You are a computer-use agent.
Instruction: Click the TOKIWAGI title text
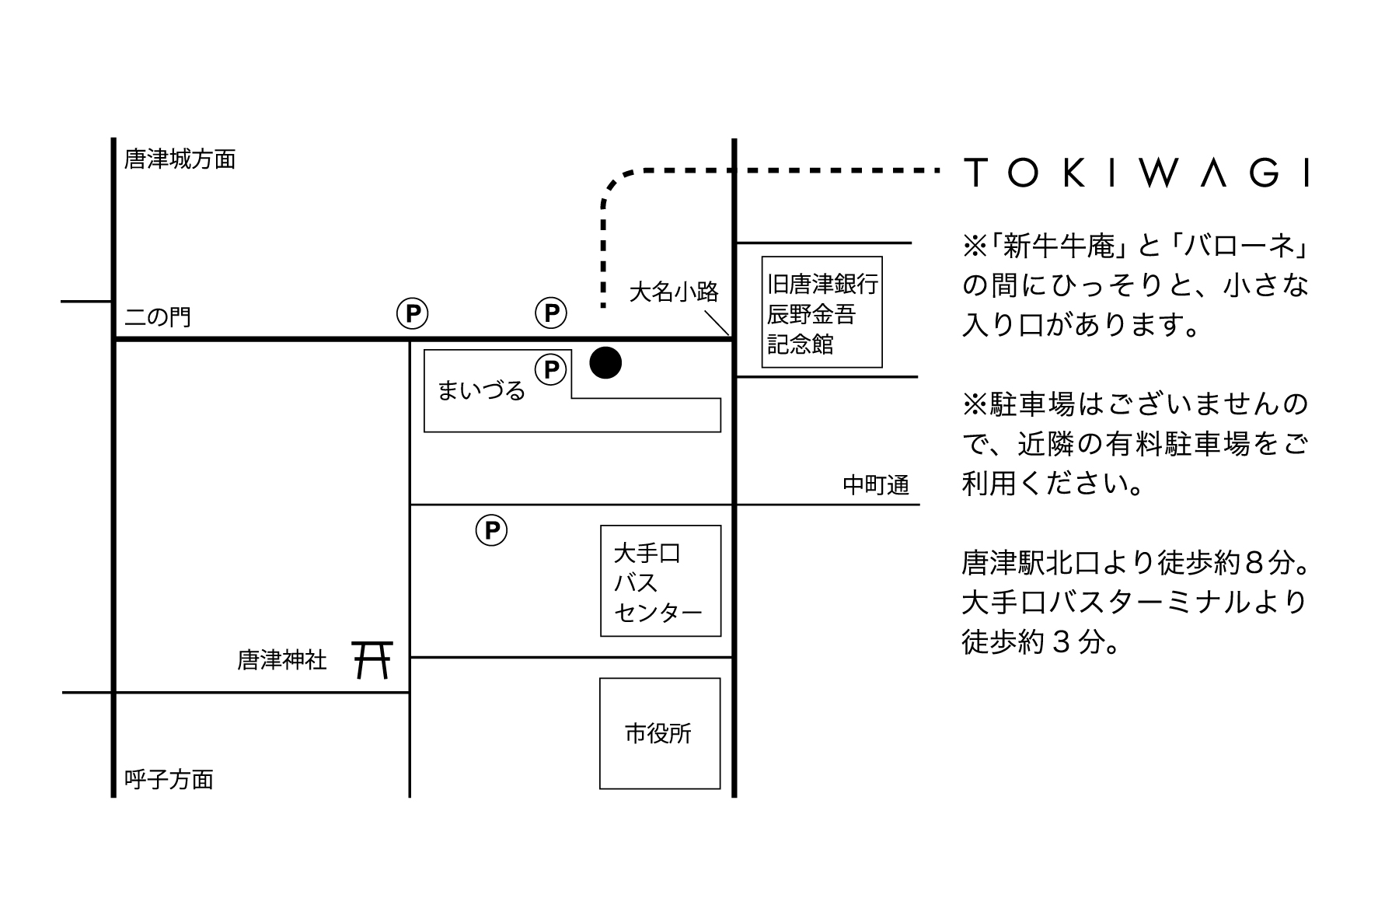1136,172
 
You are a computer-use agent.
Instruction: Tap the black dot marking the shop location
605,362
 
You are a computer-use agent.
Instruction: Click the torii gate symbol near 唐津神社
372,659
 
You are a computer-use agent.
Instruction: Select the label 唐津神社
282,661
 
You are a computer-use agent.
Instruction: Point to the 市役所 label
658,733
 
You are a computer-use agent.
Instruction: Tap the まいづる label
481,390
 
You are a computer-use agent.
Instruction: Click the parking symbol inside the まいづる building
551,369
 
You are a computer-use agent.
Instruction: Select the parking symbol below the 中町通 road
491,531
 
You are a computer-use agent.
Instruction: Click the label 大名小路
674,292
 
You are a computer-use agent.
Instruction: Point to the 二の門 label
158,317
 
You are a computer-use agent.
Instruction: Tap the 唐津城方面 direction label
180,159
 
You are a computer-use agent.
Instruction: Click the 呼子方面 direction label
169,779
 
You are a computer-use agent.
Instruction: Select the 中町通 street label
876,485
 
